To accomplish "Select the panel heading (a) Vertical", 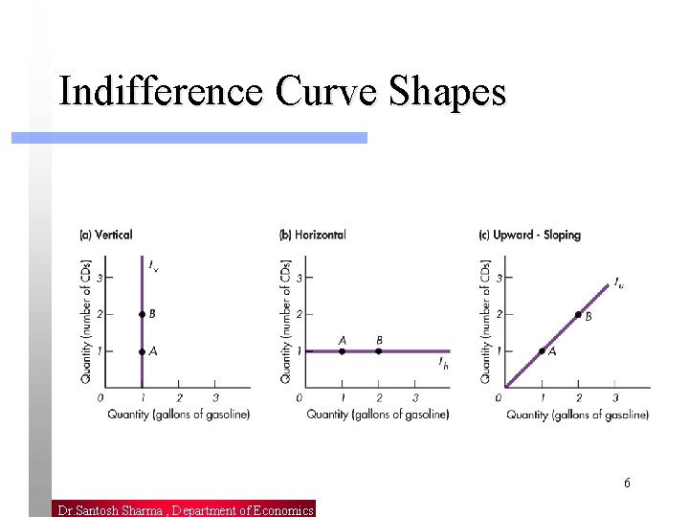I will coord(105,235).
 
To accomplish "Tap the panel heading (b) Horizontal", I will coord(313,235).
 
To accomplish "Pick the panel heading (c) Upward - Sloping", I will coord(529,235).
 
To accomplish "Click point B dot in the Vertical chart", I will coord(142,314).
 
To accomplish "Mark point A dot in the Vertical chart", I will coord(142,351).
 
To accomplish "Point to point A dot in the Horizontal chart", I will coord(343,351).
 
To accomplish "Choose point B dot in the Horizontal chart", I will coord(379,351).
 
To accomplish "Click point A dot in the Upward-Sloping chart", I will coord(542,351).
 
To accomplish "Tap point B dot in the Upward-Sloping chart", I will coord(578,315).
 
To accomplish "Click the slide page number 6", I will coord(627,483).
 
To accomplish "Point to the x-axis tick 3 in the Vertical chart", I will coord(215,397).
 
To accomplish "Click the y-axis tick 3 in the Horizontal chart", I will coord(299,278).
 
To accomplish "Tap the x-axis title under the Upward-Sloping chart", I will coord(577,415).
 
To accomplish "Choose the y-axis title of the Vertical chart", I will coord(86,321).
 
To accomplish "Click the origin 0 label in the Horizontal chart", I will coord(299,397).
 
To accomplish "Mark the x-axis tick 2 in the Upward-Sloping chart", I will coord(578,397).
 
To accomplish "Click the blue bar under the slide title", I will coord(189,138).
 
